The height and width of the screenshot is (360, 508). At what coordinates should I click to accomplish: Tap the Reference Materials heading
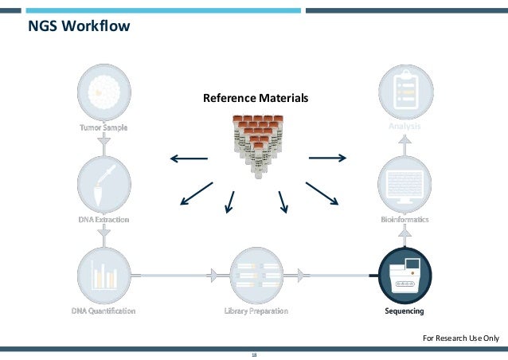pos(255,99)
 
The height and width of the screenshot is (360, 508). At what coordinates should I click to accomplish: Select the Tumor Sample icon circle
pos(103,91)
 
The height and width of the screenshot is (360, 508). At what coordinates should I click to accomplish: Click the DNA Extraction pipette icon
pos(103,183)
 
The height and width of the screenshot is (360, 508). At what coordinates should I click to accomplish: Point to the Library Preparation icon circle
pos(256,274)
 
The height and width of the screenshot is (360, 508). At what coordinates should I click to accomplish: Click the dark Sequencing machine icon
pos(404,274)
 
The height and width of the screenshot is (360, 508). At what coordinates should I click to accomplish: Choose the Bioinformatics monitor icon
pos(404,184)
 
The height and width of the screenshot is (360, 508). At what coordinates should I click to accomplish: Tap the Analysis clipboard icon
pos(404,92)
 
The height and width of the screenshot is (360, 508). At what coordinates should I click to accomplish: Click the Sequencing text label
pos(404,311)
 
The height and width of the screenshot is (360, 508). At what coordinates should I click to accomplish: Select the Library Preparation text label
pos(256,311)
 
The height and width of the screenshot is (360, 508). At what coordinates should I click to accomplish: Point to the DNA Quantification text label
pos(103,311)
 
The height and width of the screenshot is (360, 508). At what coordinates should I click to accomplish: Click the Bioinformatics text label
pos(404,218)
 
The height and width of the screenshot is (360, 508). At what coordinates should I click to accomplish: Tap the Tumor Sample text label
pos(103,127)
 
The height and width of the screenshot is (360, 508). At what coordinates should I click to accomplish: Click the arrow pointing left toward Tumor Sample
pos(189,158)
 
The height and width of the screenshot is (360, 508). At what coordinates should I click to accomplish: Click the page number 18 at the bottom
pos(254,355)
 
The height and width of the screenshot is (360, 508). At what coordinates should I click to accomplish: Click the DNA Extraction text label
pos(103,219)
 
